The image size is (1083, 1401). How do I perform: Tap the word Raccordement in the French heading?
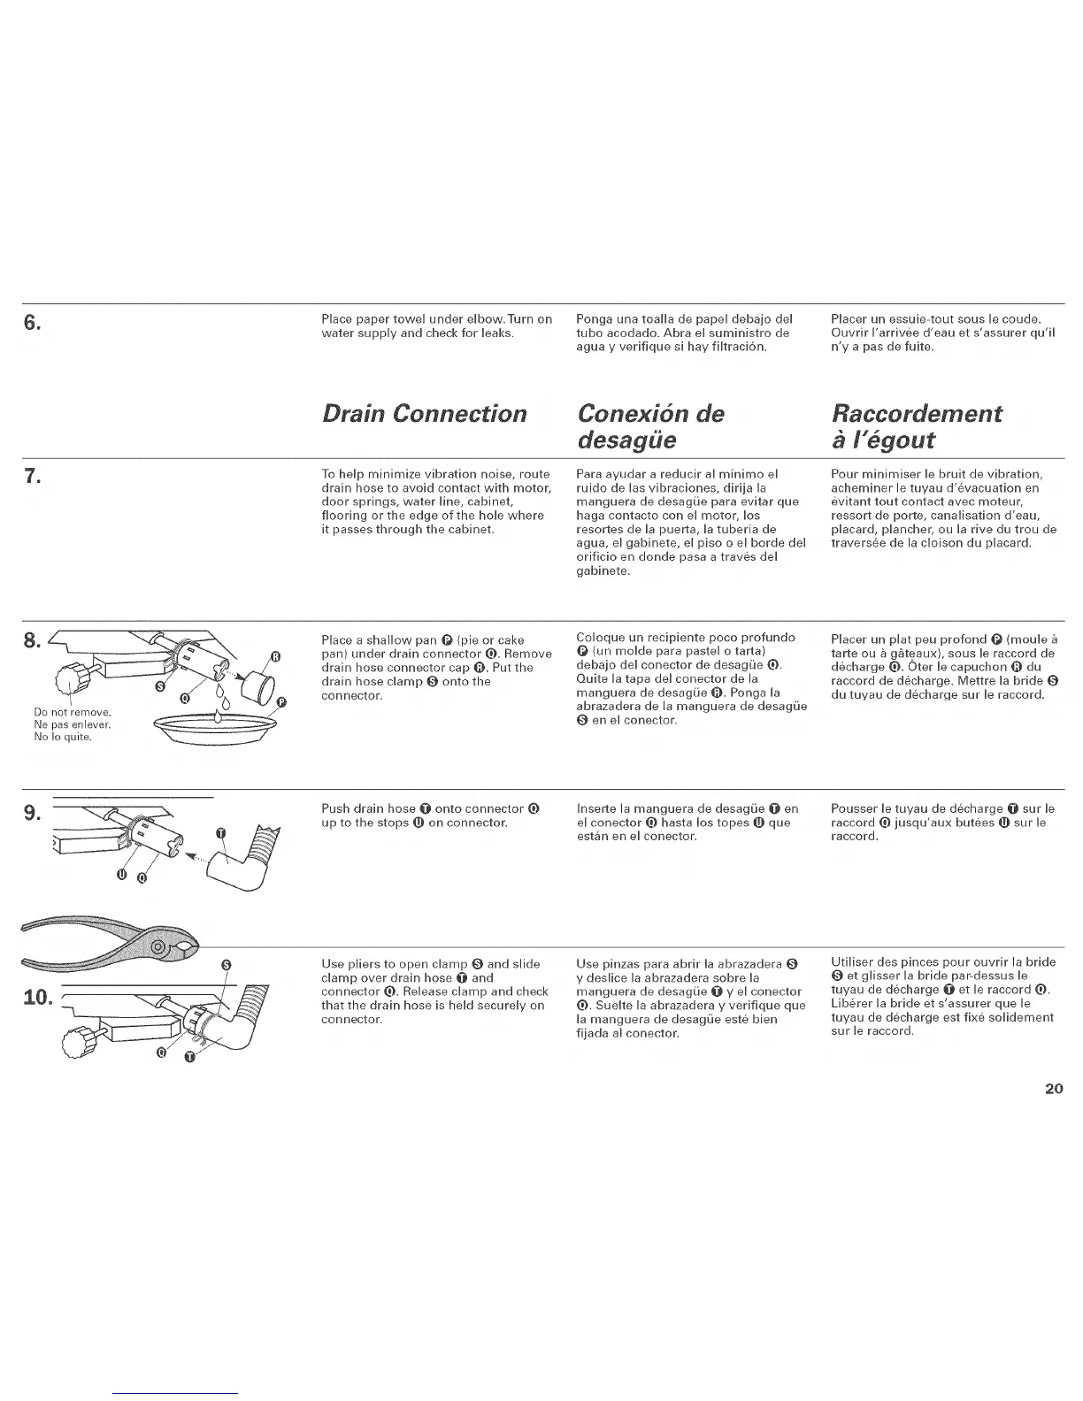(917, 414)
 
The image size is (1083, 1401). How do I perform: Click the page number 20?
(1053, 1089)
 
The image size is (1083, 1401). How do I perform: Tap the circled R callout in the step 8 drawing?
(275, 655)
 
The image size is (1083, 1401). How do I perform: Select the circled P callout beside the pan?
(281, 702)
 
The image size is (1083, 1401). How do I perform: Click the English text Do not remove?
(71, 712)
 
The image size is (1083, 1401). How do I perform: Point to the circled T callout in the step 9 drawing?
(222, 833)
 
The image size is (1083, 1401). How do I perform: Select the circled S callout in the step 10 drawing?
(226, 964)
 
